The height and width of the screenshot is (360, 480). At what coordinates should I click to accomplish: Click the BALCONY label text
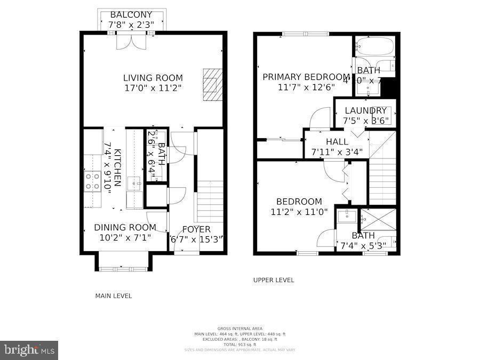(131, 14)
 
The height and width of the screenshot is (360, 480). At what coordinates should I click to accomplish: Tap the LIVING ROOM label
(153, 78)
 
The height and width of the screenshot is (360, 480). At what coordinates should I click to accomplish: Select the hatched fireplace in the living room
(211, 84)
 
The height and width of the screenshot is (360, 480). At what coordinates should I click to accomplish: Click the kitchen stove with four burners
(92, 181)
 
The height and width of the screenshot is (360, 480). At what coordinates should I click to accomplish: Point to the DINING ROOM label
(125, 228)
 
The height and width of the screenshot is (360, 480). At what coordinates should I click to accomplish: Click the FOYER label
(196, 229)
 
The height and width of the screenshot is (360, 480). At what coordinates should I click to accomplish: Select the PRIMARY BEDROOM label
(306, 77)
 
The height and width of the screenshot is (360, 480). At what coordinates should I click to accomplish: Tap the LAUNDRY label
(365, 111)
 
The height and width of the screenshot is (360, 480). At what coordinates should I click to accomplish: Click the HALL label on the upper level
(337, 142)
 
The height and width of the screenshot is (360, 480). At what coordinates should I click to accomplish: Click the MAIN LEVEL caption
(113, 296)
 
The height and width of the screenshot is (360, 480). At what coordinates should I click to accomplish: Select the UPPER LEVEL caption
(273, 280)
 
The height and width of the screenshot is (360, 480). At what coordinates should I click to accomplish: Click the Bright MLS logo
(29, 350)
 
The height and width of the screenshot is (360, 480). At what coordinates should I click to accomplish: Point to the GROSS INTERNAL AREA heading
(239, 329)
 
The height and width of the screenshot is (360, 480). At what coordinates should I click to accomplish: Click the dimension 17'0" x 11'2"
(153, 88)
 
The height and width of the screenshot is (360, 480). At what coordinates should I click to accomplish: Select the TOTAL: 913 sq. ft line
(239, 345)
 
